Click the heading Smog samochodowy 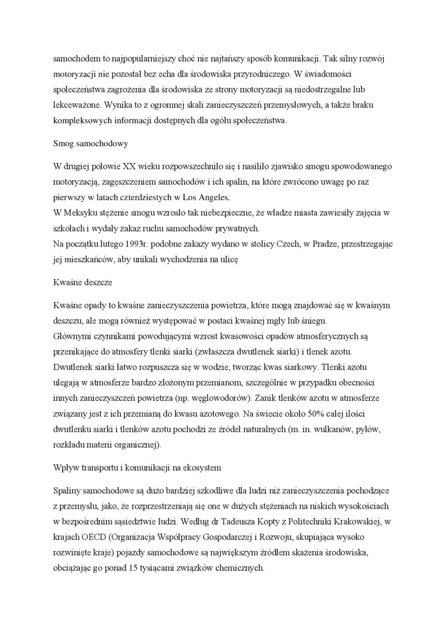point(90,143)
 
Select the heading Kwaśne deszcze point(83,282)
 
